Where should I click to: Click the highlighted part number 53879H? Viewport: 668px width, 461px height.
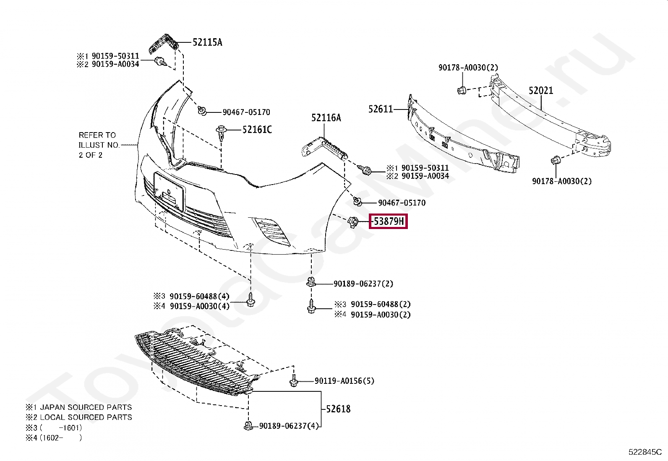tap(389, 221)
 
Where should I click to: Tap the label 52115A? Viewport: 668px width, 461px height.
tap(207, 42)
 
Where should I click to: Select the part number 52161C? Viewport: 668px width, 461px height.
tap(257, 130)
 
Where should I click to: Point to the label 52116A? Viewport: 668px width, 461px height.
tap(326, 118)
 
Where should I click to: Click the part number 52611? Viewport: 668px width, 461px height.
tap(381, 109)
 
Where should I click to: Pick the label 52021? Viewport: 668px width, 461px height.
tap(540, 91)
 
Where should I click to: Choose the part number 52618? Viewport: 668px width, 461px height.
tap(338, 409)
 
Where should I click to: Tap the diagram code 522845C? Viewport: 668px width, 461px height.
tap(645, 452)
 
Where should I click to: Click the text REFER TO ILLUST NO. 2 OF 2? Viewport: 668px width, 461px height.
tap(99, 145)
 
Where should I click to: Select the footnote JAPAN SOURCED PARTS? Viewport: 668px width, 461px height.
tap(86, 407)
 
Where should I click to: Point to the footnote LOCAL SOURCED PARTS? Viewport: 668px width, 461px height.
tap(86, 417)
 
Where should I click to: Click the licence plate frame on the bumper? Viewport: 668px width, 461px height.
tap(169, 191)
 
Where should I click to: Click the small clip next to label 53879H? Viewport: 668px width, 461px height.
tap(353, 221)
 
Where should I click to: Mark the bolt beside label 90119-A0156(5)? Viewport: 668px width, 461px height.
tap(294, 381)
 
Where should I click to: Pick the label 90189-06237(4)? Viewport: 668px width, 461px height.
tap(289, 426)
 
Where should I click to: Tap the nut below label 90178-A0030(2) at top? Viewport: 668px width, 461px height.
tap(462, 90)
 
